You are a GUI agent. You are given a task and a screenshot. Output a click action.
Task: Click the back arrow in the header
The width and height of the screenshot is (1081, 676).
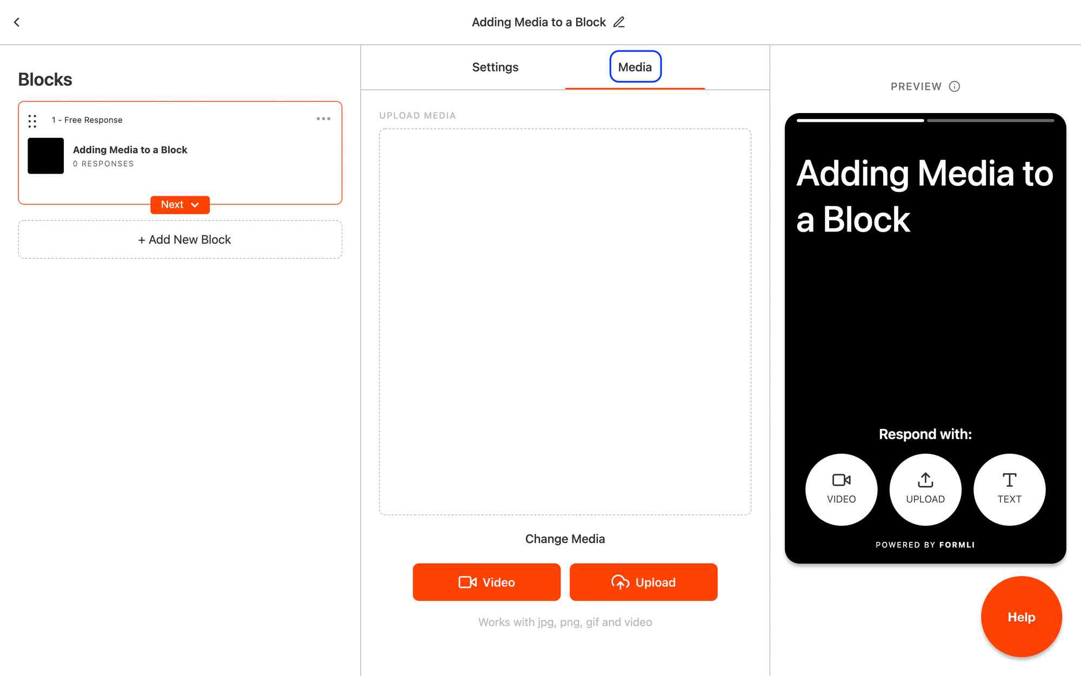[x=17, y=22]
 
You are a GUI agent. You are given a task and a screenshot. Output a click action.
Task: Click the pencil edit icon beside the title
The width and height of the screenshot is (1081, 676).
[x=619, y=22]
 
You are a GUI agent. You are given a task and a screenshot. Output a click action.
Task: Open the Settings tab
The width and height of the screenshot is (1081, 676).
[x=495, y=67]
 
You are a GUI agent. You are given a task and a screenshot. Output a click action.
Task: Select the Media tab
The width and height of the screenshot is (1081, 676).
[x=635, y=67]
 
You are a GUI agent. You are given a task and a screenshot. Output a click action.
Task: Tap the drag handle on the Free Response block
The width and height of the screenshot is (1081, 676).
[x=32, y=121]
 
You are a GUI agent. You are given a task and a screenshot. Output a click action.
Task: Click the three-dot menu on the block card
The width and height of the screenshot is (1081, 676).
[x=323, y=119]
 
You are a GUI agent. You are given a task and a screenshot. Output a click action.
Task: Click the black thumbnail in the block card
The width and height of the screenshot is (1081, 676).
[x=46, y=156]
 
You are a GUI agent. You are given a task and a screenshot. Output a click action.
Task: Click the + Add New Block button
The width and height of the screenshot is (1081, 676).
[x=180, y=240]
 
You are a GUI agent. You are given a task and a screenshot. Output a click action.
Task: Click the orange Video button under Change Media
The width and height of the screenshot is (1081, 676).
[x=486, y=582]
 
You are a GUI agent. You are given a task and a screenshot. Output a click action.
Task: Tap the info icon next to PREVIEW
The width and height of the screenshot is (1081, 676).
[x=955, y=87]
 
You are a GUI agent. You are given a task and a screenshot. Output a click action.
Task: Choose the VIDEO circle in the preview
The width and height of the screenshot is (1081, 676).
[x=842, y=489]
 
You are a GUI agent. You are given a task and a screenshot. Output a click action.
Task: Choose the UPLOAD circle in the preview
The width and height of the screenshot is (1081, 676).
[x=925, y=489]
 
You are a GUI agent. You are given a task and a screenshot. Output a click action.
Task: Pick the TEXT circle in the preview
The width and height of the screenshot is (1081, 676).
[x=1010, y=489]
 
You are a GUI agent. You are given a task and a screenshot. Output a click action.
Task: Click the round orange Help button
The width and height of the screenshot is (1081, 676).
[x=1022, y=617]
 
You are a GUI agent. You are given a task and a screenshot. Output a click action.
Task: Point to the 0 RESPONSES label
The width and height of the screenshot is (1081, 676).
[x=103, y=164]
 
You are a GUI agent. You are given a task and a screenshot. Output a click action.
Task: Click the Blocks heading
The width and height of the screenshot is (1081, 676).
[x=45, y=79]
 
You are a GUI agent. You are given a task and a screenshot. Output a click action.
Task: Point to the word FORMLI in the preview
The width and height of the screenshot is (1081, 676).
[x=957, y=545]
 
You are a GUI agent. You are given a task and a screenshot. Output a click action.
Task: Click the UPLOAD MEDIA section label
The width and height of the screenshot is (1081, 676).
[x=417, y=116]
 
